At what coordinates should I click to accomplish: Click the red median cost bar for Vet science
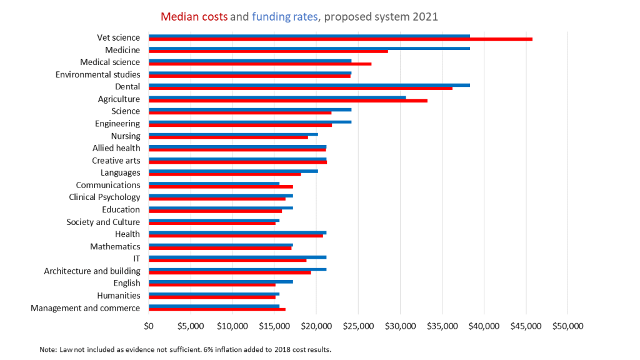click(341, 39)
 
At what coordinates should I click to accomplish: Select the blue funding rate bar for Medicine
click(309, 48)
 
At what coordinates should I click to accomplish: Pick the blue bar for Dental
click(309, 85)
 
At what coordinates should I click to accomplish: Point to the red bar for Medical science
click(260, 64)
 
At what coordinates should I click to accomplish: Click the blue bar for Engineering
click(250, 122)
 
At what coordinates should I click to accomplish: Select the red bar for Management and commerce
click(217, 309)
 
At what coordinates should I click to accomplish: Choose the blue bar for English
click(221, 282)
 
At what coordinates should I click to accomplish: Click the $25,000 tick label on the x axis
click(358, 326)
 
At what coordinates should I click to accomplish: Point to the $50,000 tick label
click(567, 326)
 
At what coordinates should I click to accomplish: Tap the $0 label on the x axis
click(149, 326)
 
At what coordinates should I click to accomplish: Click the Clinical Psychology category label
click(104, 197)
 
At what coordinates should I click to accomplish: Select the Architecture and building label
click(92, 271)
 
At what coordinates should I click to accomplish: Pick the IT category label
click(136, 259)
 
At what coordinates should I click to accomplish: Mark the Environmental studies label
click(97, 75)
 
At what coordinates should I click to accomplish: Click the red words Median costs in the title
click(194, 17)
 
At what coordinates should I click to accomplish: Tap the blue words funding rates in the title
click(284, 17)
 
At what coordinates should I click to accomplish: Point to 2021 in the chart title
click(425, 17)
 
